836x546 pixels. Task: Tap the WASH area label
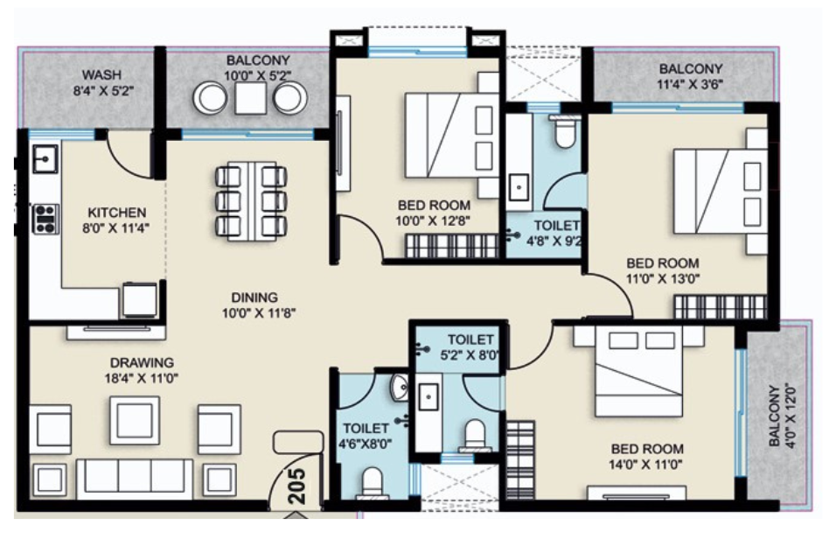(x=102, y=74)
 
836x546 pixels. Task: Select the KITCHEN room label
(x=116, y=212)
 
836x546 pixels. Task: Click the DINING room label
(x=254, y=297)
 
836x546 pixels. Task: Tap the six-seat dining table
(x=250, y=200)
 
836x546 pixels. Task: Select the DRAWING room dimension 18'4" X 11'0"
(x=142, y=378)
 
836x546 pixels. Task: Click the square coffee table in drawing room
(x=135, y=420)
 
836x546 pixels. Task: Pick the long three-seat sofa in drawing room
(x=135, y=477)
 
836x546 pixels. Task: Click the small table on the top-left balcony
(x=250, y=98)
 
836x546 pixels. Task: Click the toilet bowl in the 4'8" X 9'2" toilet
(x=564, y=131)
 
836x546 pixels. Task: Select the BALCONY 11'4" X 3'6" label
(x=691, y=77)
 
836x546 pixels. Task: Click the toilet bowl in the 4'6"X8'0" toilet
(x=373, y=482)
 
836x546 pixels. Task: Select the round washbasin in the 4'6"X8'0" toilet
(x=399, y=387)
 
